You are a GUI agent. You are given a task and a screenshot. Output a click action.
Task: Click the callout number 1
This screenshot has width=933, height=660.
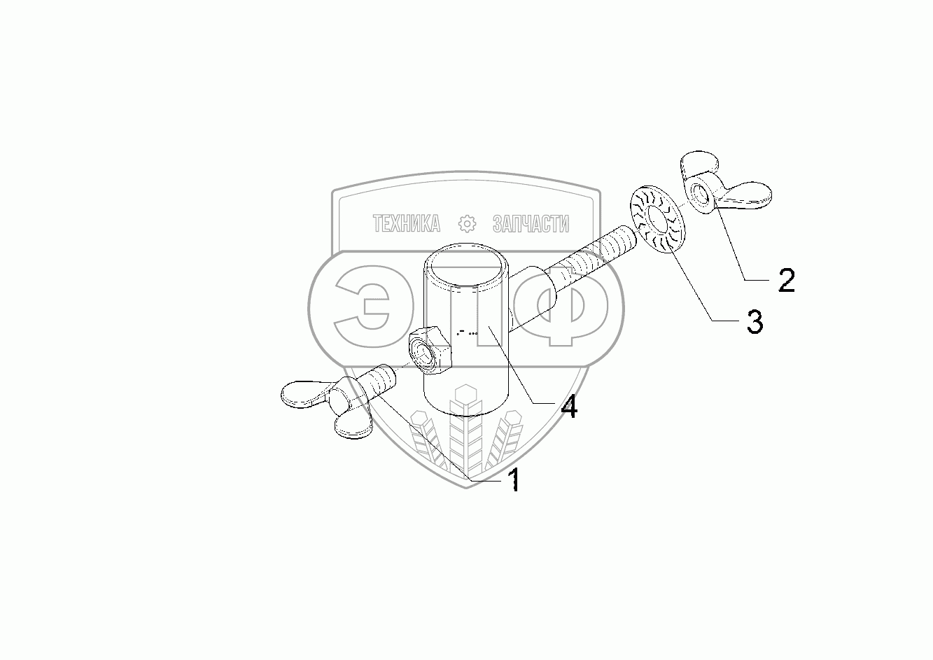[514, 480]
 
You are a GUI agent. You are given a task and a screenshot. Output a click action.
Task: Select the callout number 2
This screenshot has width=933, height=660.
[786, 281]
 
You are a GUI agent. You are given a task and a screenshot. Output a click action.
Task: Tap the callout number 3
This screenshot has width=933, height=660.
[754, 323]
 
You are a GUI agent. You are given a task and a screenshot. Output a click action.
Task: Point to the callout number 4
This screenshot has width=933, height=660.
[569, 406]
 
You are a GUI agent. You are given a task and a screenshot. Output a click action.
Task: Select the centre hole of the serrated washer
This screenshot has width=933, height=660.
[659, 218]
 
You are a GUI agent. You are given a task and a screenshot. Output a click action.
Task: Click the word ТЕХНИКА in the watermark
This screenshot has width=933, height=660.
[407, 223]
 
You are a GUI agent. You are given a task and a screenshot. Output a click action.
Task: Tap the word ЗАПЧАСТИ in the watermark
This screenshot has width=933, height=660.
[531, 223]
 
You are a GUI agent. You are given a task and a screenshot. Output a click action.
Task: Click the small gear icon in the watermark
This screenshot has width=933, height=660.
[466, 223]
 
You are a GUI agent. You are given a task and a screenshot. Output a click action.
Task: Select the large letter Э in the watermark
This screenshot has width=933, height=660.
[364, 308]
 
